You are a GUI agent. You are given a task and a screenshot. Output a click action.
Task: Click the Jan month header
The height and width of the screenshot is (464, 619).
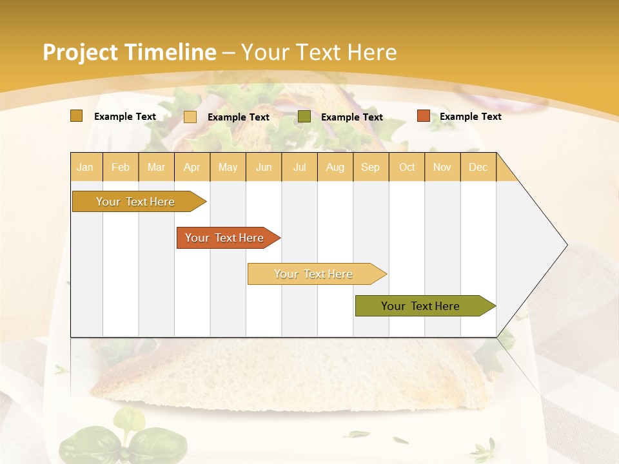click(85, 167)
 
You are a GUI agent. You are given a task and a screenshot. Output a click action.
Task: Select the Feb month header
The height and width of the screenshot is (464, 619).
click(121, 167)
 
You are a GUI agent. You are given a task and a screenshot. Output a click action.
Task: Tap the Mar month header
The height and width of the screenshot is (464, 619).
click(156, 167)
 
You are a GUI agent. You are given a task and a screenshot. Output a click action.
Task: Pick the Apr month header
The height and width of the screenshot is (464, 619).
click(192, 167)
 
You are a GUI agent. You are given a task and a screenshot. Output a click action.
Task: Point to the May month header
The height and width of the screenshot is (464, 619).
click(228, 167)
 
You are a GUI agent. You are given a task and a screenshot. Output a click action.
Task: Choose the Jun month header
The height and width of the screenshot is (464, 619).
click(264, 167)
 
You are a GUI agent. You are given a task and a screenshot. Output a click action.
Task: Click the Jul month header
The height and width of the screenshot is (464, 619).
click(300, 167)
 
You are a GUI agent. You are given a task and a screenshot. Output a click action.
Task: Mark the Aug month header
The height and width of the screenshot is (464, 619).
click(335, 167)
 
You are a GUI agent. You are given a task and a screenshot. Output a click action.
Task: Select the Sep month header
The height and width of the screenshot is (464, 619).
click(371, 167)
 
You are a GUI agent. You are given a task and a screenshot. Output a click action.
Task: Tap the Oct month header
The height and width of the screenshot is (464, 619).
click(407, 167)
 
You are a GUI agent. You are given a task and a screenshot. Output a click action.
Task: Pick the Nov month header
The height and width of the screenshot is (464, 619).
click(442, 167)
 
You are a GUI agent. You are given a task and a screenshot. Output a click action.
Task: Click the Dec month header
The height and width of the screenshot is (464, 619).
click(478, 167)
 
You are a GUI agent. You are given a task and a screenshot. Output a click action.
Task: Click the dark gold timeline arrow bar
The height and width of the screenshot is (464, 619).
click(136, 202)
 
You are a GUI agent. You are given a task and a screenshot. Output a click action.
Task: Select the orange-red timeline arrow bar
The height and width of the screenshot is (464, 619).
click(225, 238)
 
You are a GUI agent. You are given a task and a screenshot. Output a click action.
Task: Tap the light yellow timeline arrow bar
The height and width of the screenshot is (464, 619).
click(314, 274)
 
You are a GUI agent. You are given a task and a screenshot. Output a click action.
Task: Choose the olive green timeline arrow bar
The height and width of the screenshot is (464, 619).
click(421, 306)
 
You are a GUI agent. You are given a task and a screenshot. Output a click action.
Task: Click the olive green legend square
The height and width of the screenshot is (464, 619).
click(304, 117)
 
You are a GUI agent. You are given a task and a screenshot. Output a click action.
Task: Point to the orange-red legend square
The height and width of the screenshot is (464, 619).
click(424, 116)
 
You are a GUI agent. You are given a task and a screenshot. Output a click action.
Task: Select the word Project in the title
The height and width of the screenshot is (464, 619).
click(79, 53)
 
